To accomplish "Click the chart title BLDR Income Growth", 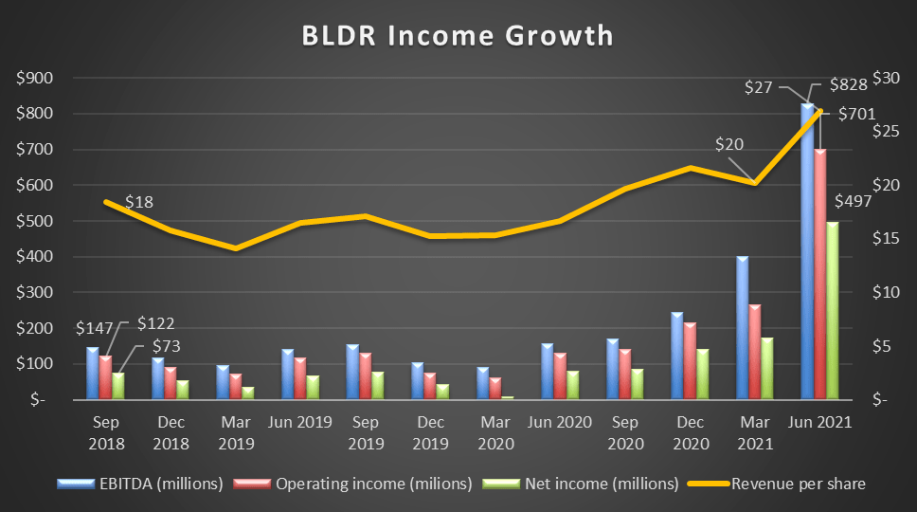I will pyautogui.click(x=458, y=35).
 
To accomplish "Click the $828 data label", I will pyautogui.click(x=848, y=85).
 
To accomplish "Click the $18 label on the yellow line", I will pyautogui.click(x=139, y=202).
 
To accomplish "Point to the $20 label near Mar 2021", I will pyautogui.click(x=728, y=145).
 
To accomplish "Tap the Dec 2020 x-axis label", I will pyautogui.click(x=692, y=432).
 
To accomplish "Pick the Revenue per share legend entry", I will pyautogui.click(x=800, y=484).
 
